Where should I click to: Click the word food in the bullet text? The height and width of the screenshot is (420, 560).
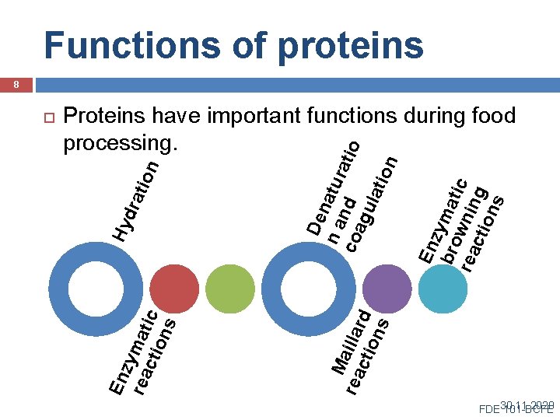click(489, 117)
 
